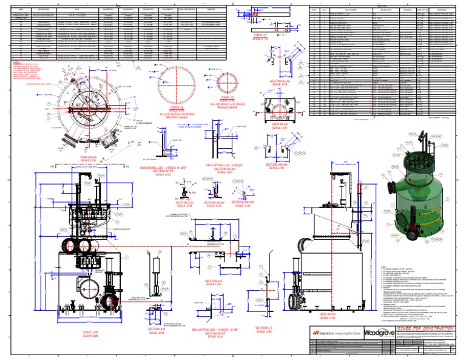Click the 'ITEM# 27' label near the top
click(x=262, y=35)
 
